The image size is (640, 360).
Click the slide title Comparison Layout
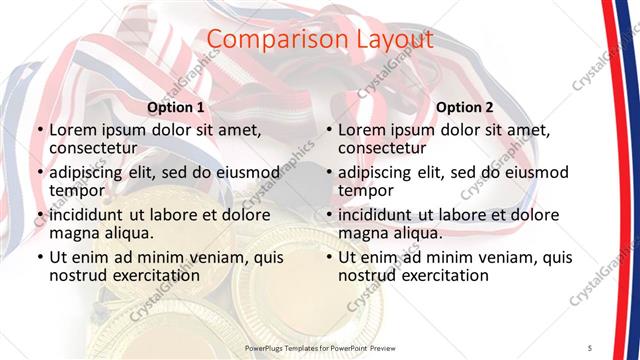click(319, 40)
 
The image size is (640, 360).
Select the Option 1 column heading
click(176, 107)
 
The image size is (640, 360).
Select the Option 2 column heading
click(465, 107)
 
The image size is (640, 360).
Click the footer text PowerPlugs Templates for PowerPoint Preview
click(319, 346)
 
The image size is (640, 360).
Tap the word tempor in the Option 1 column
click(77, 190)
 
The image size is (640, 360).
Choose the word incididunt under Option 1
click(88, 214)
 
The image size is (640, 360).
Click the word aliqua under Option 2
click(407, 233)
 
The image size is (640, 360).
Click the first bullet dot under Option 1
click(39, 130)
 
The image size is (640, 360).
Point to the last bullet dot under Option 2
click(328, 258)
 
